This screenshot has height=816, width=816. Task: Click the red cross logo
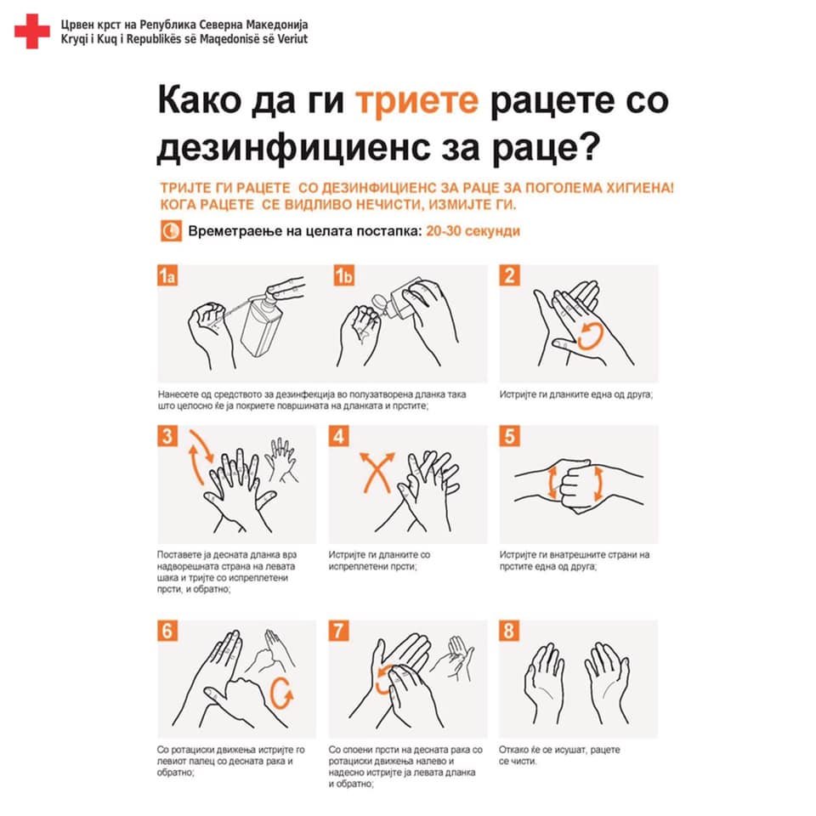[x=31, y=31]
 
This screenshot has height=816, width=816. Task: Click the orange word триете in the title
[x=416, y=100]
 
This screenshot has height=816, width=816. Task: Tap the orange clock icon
[x=171, y=230]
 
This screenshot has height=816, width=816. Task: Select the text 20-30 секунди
[x=473, y=231]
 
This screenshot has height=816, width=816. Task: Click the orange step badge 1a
[x=167, y=275]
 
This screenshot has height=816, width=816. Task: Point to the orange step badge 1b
[x=344, y=275]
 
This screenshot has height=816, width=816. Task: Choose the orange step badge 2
[x=509, y=275]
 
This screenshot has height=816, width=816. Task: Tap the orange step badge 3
[x=167, y=435]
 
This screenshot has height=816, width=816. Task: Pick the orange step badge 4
[x=338, y=435]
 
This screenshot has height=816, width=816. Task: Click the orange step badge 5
[x=509, y=435]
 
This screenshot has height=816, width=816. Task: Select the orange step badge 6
[x=167, y=630]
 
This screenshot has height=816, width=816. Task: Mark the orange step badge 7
[x=338, y=630]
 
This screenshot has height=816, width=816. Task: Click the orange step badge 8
[x=509, y=630]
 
